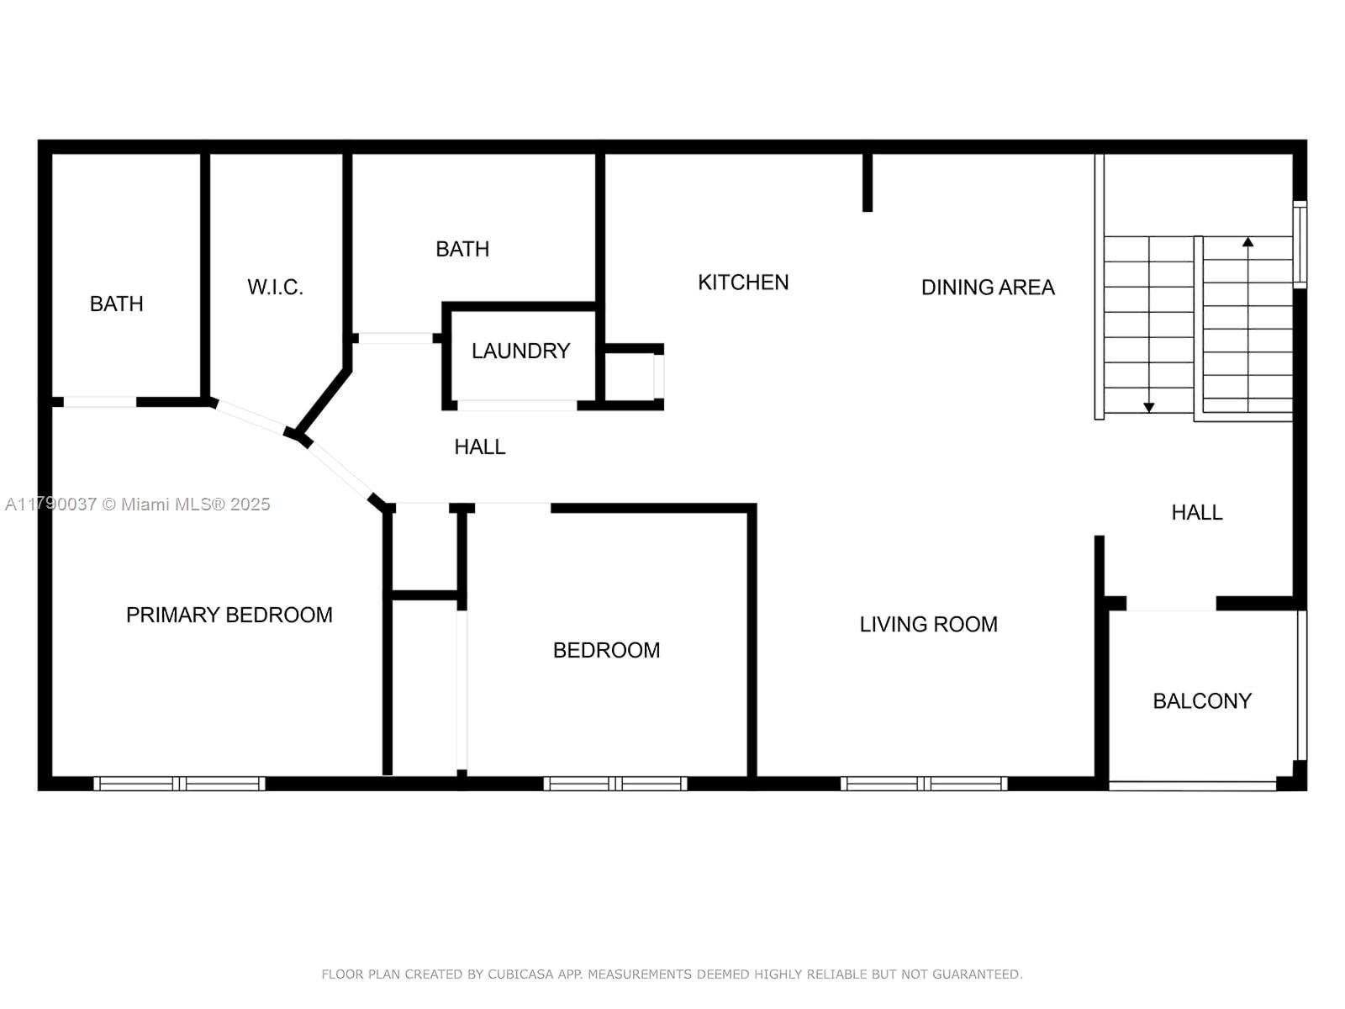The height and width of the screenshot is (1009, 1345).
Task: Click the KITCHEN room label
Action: (x=742, y=283)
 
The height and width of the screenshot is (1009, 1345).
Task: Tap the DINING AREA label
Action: (x=988, y=288)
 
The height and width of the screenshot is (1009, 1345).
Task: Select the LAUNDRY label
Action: (x=520, y=351)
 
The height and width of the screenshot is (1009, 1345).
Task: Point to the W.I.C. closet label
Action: (x=275, y=287)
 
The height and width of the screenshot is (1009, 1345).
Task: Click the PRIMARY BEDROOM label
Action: (x=229, y=615)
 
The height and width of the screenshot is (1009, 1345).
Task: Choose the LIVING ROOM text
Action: (x=928, y=624)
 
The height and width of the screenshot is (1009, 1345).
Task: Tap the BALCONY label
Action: (x=1201, y=701)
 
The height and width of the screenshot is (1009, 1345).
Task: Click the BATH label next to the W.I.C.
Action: (x=116, y=304)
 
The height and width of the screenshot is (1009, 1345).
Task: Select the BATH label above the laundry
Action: (x=462, y=250)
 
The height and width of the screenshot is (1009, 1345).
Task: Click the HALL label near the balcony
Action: (x=1197, y=512)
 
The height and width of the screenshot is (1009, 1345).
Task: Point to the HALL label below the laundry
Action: (x=480, y=447)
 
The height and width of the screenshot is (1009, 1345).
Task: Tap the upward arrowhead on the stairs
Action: (x=1247, y=242)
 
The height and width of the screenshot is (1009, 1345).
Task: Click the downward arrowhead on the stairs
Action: (x=1149, y=408)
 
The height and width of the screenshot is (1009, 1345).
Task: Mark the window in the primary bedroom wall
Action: (x=180, y=784)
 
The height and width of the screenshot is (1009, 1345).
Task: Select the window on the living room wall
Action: (x=923, y=784)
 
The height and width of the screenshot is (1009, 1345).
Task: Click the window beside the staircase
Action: (x=1300, y=244)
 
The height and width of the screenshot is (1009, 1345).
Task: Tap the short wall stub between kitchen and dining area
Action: (x=867, y=182)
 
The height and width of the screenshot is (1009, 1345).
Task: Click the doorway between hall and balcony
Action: (x=1171, y=604)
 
